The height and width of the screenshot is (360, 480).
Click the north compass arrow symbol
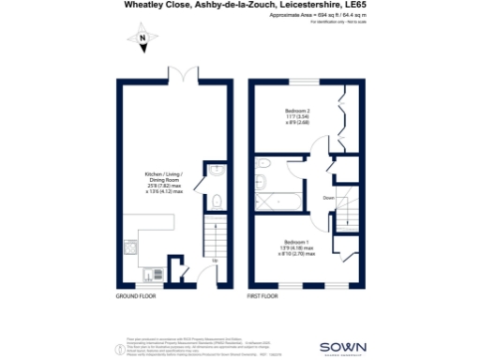[x=141, y=39]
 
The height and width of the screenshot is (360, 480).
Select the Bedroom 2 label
[x=297, y=116]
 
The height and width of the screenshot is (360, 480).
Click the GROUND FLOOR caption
[x=134, y=295]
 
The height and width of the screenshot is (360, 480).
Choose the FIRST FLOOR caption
[x=264, y=295]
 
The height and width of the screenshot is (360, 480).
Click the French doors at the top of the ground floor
[x=180, y=75]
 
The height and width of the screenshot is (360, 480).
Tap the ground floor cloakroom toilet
[x=216, y=199]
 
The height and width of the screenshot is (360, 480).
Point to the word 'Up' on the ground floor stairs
[x=215, y=260]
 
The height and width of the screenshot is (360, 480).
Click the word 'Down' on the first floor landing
[x=328, y=198]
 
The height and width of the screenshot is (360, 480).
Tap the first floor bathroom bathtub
[x=275, y=200]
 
